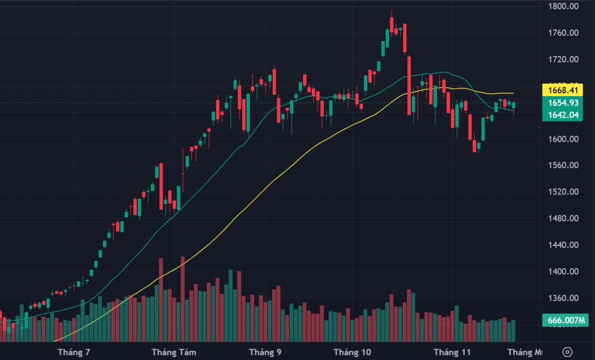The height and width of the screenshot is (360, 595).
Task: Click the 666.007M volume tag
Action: [x=565, y=320]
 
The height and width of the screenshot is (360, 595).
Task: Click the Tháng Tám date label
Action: [x=174, y=352]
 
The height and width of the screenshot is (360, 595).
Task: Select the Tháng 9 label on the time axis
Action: [x=265, y=352]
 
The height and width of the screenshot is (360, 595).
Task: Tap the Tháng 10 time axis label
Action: [x=352, y=352]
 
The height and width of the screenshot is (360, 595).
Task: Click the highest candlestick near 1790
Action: [x=392, y=24]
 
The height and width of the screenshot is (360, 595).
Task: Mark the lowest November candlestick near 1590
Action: [x=475, y=146]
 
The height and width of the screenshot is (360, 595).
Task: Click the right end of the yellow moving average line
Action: [x=513, y=93]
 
